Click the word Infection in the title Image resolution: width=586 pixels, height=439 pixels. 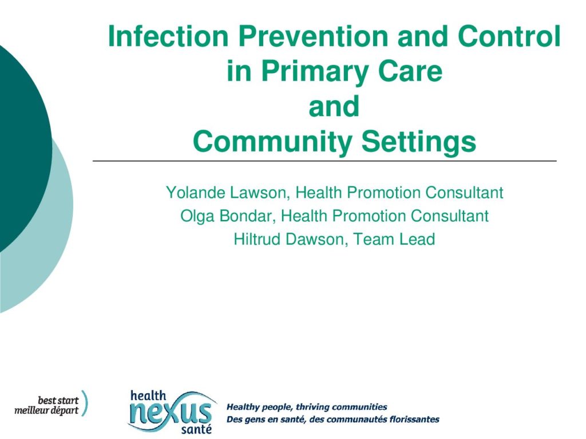[168, 36]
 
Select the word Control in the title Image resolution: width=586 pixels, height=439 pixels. [509, 36]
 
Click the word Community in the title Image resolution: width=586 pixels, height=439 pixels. [272, 142]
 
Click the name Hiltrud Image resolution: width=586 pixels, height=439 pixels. [258, 239]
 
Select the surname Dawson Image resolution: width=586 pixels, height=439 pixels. [317, 239]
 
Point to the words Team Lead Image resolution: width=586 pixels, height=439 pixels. [394, 239]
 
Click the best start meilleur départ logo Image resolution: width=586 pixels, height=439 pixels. [51, 404]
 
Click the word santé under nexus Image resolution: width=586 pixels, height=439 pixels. [196, 429]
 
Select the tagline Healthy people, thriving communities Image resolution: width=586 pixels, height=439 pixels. [307, 406]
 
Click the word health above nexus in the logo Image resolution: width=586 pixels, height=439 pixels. [148, 396]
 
